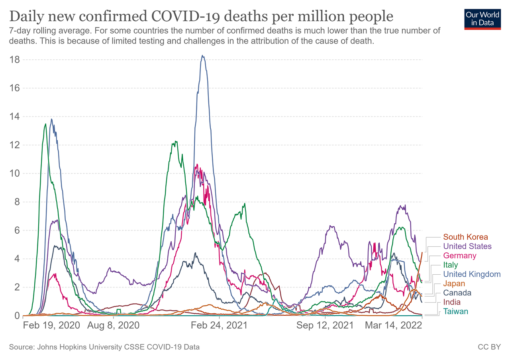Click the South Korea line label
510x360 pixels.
coord(465,237)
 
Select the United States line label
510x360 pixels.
coord(467,246)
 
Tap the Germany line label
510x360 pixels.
coord(459,256)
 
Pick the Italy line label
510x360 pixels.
coord(451,265)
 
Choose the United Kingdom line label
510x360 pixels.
coord(472,274)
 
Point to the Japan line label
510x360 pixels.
coord(454,284)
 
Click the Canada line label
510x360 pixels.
coord(457,293)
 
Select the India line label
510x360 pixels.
coord(452,302)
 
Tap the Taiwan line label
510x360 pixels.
coord(455,311)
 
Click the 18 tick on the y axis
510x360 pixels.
coord(15,60)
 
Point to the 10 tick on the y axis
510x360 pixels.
coord(15,173)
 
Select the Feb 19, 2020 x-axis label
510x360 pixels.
coord(52,325)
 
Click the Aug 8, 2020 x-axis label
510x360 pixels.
coord(114,325)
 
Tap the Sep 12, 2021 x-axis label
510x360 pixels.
coord(325,325)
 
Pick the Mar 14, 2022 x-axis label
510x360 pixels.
coord(394,325)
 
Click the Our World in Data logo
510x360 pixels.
coord(482,18)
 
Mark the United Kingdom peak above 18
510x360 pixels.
coord(203,56)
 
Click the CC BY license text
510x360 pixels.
coord(489,347)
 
